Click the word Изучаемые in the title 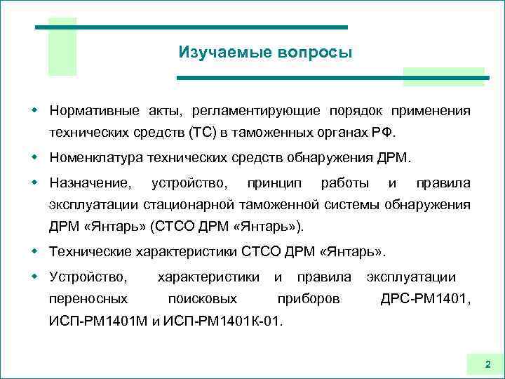tap(211, 53)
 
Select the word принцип tap(274, 183)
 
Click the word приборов tap(309, 299)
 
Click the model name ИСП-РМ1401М tap(99, 321)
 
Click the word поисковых tap(203, 299)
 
